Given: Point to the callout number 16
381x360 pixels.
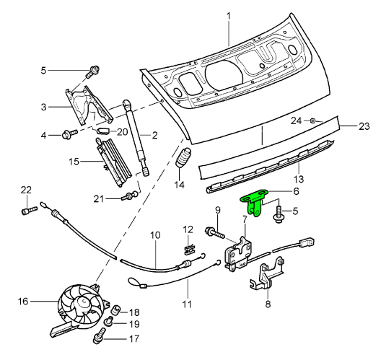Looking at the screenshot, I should [22, 302].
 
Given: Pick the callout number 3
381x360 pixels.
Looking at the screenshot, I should [44, 107].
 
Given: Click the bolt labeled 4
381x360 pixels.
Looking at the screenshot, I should [71, 133].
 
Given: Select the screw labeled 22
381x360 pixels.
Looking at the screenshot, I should [27, 211].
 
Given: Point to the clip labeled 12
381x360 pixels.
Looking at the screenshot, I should [189, 247].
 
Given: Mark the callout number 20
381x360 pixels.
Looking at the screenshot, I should [121, 131].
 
